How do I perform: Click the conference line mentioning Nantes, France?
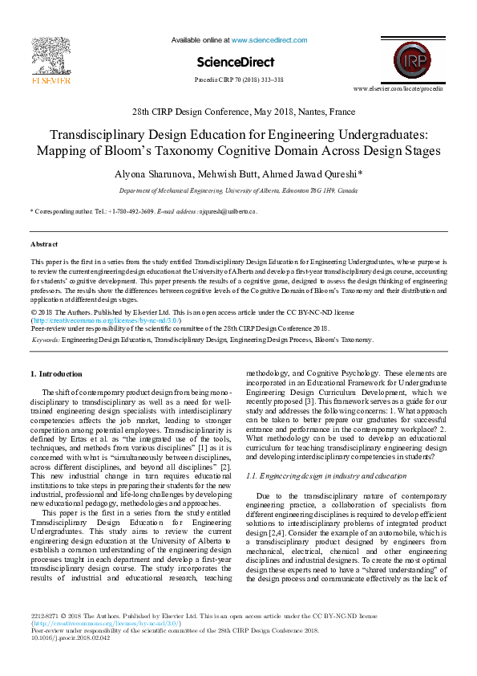(x=238, y=112)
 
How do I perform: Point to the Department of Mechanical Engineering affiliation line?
(x=238, y=191)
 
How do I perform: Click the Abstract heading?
(x=44, y=243)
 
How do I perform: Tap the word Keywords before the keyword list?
(x=46, y=340)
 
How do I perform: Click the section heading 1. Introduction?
(x=55, y=374)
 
